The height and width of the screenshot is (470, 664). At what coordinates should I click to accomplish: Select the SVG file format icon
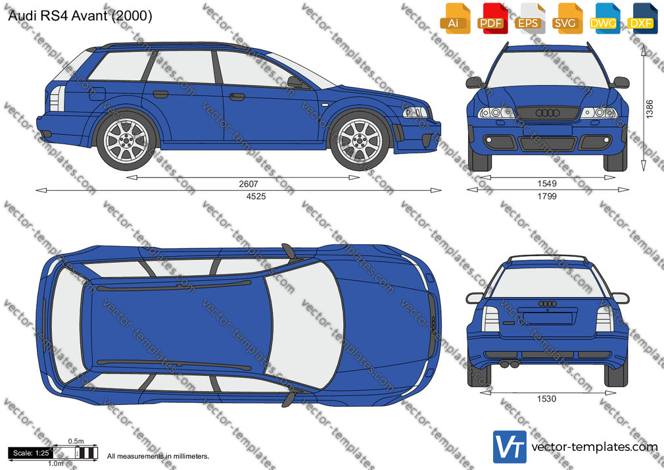pos(567,18)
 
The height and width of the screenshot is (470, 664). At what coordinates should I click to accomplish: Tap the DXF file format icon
pos(642,18)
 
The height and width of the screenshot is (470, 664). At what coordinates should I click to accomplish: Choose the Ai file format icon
pos(455,18)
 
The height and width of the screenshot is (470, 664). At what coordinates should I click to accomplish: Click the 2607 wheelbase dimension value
pos(248,184)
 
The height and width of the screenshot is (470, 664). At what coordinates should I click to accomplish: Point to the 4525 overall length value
pos(256,196)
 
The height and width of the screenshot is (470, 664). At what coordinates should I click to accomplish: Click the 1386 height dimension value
pos(650,109)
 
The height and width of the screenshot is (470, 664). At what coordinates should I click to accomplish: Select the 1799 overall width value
pos(547,196)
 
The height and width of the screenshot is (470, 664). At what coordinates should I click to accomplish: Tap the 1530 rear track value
pos(546,398)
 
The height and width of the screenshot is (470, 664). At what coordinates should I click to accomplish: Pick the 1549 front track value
pos(547,184)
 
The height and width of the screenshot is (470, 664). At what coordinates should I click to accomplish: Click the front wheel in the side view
pos(360,140)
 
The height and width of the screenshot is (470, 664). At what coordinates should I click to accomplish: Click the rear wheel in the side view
pos(126,140)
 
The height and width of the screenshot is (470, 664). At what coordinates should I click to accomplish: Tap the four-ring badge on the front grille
pos(547,113)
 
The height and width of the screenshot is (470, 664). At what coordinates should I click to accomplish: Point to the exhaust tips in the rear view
pos(509,364)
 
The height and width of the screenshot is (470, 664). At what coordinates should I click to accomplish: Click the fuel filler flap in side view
pos(97,93)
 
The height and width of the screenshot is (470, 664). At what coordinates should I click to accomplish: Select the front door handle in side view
pos(237,97)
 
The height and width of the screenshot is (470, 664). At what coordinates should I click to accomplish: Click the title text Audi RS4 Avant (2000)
pos(80,16)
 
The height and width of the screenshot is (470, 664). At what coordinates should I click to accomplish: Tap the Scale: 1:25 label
pos(31,453)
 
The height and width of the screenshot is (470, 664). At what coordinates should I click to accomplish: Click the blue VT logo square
pos(510,447)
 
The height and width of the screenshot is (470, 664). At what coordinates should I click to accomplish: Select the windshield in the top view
pos(304,325)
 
